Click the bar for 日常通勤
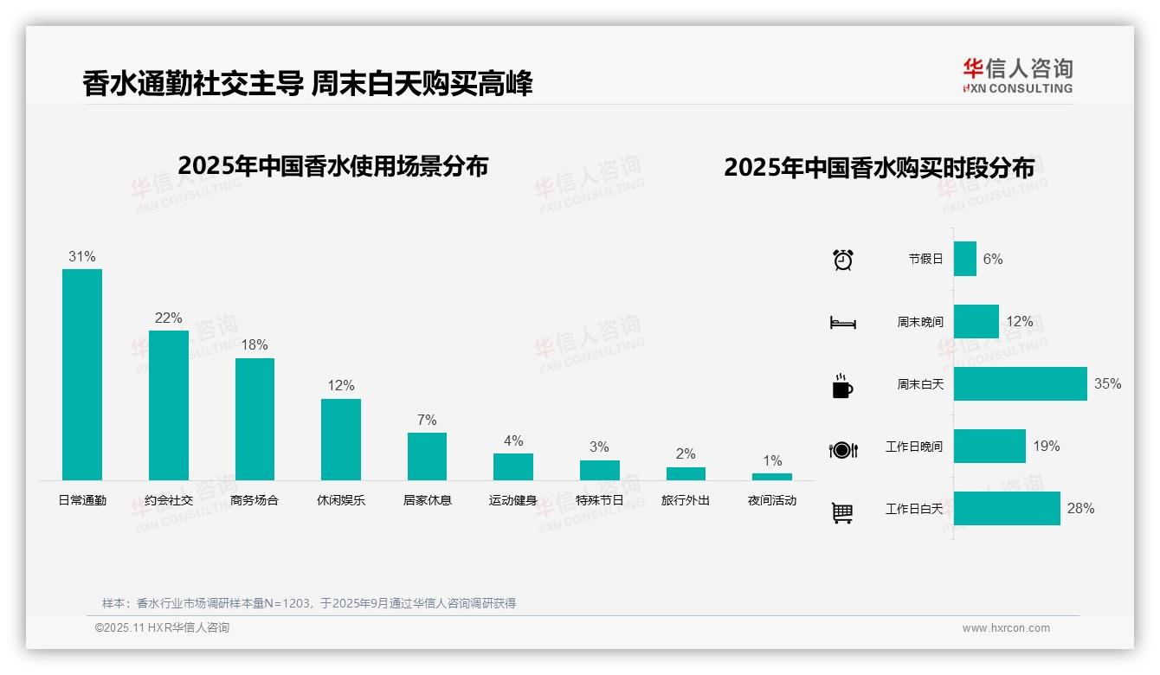(82, 375)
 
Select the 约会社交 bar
(169, 405)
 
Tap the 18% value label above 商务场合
(255, 345)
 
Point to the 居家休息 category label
(428, 500)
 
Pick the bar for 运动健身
(513, 466)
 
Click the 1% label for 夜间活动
(772, 460)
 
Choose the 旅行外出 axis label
(686, 500)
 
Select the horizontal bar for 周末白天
(1020, 384)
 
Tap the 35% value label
(1107, 384)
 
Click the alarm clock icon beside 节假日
(843, 260)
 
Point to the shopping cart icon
(842, 513)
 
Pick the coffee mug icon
(842, 387)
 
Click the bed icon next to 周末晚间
(842, 323)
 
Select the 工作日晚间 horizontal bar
(989, 447)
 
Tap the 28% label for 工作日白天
(1080, 509)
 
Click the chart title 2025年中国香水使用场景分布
(333, 166)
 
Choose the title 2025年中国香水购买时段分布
(879, 168)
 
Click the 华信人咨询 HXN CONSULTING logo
(1018, 76)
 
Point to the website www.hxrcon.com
(1006, 628)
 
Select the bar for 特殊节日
(600, 470)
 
